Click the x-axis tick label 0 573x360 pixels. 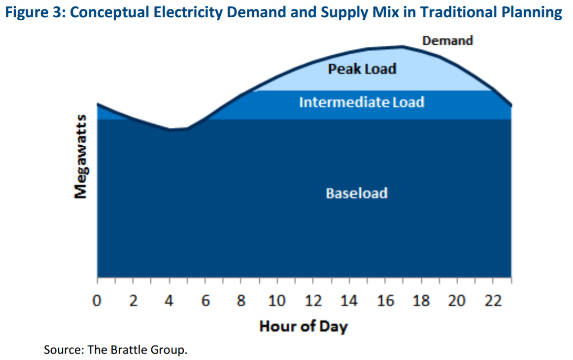coord(98,301)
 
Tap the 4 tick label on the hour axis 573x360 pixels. coord(169,301)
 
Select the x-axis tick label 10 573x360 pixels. coord(277,301)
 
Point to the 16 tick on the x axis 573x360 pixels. coord(385,301)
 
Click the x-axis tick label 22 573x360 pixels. coord(493,301)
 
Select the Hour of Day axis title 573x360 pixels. coord(303,326)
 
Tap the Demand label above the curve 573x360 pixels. coord(447,40)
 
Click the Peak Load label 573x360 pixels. coord(362,69)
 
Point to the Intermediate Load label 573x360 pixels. coord(361,102)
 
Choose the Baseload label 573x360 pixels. coord(357,193)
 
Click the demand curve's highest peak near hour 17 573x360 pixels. coord(403,47)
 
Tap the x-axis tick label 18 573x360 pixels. coord(421,301)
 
